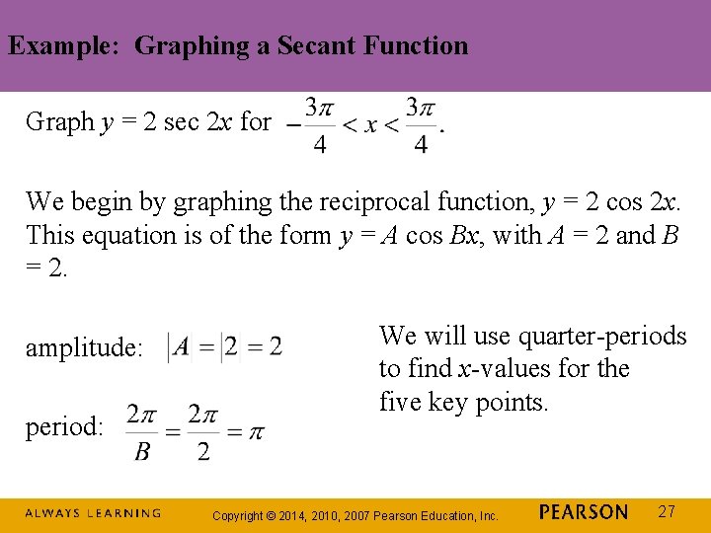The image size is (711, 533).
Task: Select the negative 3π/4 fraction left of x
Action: pyautogui.click(x=310, y=125)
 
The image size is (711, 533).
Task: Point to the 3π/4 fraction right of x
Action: pyautogui.click(x=422, y=125)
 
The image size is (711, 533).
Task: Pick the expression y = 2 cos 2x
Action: pyautogui.click(x=611, y=202)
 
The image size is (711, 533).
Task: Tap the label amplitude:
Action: pyautogui.click(x=84, y=347)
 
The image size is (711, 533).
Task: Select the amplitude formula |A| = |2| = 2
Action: pyautogui.click(x=225, y=346)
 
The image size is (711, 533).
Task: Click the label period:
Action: pyautogui.click(x=64, y=426)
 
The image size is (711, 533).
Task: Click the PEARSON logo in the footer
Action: pyautogui.click(x=584, y=512)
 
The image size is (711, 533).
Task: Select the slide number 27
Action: pyautogui.click(x=668, y=511)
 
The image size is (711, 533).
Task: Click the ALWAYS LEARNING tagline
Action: pyautogui.click(x=93, y=513)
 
